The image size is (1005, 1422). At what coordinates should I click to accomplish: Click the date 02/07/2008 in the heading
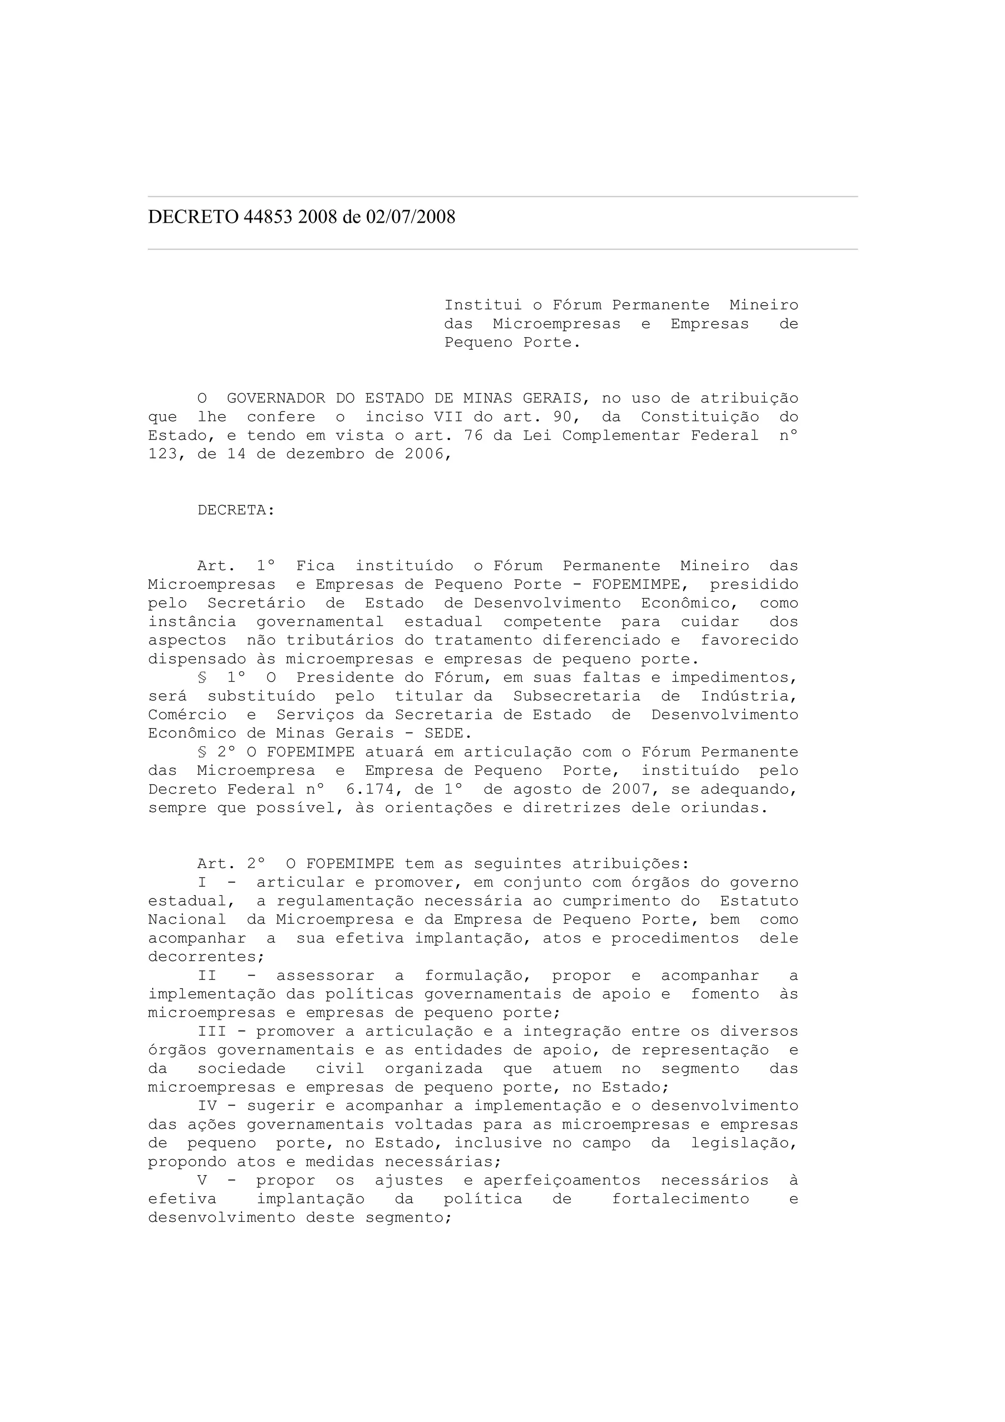411,217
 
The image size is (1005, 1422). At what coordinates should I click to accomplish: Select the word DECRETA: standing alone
236,510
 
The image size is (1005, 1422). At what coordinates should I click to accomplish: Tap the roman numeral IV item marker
208,1106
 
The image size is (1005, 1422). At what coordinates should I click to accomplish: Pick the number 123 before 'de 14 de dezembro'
163,454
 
